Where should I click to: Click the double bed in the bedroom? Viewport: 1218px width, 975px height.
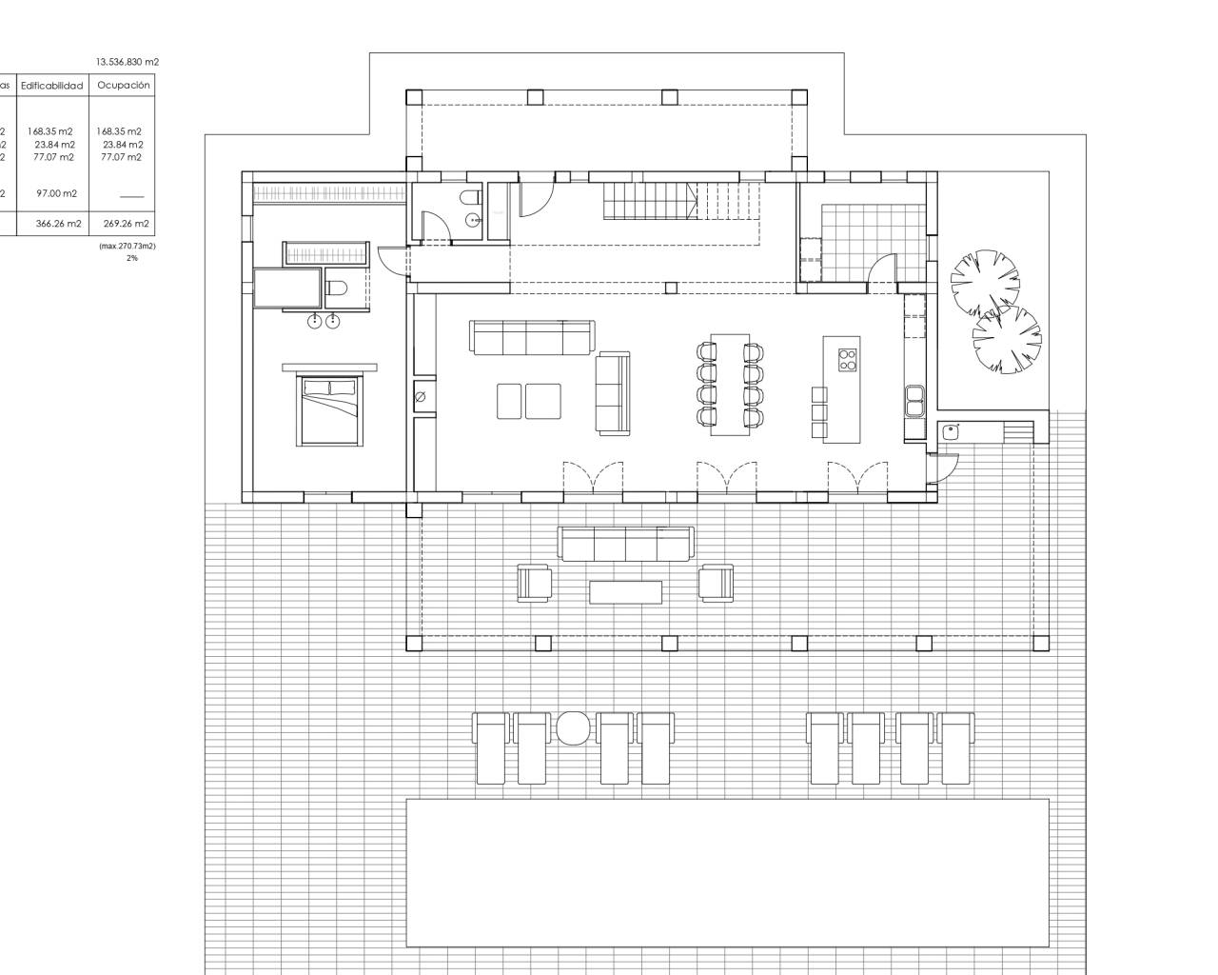pos(329,409)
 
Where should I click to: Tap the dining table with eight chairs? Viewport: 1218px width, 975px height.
pos(730,384)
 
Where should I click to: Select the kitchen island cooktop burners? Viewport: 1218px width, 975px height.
pos(846,359)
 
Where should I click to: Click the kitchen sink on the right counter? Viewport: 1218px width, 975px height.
pos(915,400)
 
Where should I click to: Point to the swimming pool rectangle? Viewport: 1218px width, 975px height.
pos(727,872)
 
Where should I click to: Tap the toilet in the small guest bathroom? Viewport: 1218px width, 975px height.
pos(469,198)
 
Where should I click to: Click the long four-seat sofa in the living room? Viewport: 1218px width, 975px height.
pos(531,337)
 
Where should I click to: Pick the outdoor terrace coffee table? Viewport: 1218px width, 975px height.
pos(625,592)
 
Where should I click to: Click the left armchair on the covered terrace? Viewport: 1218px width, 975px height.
pos(534,583)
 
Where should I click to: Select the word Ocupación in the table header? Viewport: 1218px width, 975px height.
pos(124,85)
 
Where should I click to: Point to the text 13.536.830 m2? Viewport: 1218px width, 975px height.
pos(128,62)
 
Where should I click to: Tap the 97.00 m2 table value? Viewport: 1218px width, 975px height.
pos(57,193)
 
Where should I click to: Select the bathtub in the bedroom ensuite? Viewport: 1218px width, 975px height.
pos(286,289)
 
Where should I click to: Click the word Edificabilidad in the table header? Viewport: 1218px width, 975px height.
pos(52,86)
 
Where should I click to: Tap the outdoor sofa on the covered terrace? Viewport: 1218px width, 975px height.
pos(625,545)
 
